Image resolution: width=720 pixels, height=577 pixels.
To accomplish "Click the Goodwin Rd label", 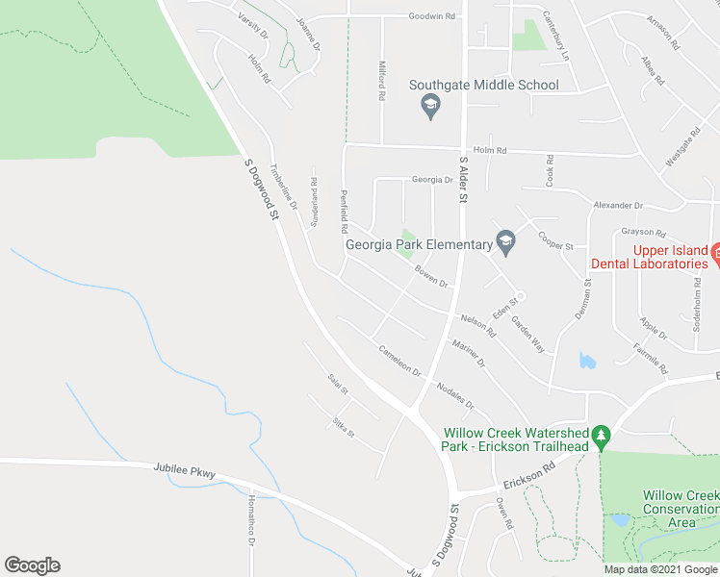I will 431,16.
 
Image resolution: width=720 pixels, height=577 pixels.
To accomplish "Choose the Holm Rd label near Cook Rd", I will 490,150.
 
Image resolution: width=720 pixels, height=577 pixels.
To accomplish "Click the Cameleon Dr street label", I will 399,360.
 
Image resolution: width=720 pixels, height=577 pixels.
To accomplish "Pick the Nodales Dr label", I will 455,395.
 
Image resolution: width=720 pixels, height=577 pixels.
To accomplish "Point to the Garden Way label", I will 527,335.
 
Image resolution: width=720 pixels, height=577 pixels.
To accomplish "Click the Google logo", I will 32,565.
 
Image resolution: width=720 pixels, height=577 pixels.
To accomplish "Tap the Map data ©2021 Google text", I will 660,569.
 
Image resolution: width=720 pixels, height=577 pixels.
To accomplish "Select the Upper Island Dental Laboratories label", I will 672,257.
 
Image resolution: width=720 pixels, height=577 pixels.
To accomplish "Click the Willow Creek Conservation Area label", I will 681,509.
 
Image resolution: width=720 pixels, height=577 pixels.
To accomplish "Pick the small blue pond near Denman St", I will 586,361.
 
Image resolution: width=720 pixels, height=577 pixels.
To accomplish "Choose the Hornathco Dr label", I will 250,518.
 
